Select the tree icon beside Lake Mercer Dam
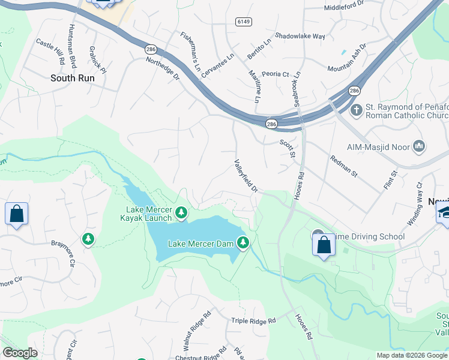243,243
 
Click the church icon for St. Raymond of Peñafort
356,110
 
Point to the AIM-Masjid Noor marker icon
419,146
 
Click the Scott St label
288,149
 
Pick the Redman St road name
343,166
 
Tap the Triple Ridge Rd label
253,321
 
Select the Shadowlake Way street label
300,36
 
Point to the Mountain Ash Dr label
347,58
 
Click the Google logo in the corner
20,353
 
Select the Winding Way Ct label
415,205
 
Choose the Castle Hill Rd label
50,52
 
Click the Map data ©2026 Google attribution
412,355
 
